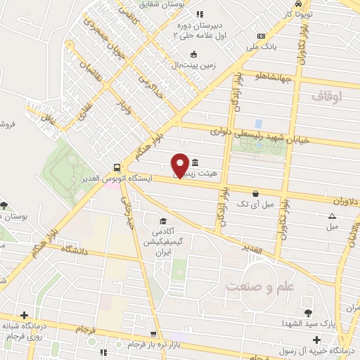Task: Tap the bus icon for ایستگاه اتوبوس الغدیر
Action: pyautogui.click(x=116, y=167)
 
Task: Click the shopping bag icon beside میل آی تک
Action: pyautogui.click(x=255, y=193)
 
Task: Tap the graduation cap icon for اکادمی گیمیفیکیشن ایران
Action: pyautogui.click(x=163, y=220)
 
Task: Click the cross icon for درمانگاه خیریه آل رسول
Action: pyautogui.click(x=316, y=340)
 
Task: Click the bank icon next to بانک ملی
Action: pyautogui.click(x=261, y=37)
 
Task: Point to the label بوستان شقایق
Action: pyautogui.click(x=165, y=4)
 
